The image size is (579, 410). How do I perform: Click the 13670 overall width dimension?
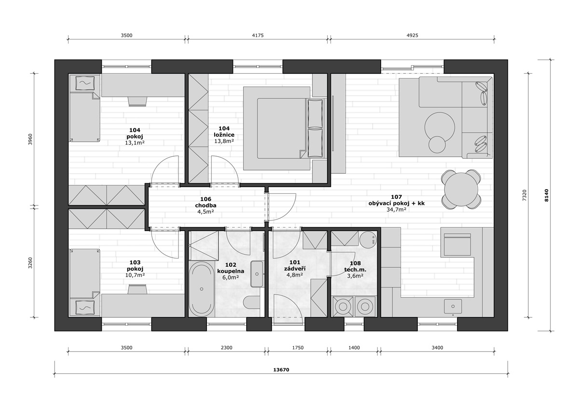pyautogui.click(x=281, y=369)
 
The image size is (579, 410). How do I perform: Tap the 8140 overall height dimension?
pyautogui.click(x=546, y=195)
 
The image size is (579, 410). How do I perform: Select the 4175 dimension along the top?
pyautogui.click(x=258, y=35)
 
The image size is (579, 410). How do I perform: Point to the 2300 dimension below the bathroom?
pyautogui.click(x=226, y=348)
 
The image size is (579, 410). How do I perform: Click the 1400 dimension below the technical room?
pyautogui.click(x=354, y=348)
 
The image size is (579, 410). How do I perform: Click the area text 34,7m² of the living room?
pyautogui.click(x=396, y=210)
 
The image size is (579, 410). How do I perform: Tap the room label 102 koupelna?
pyautogui.click(x=231, y=268)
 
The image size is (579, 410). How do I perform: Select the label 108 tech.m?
pyautogui.click(x=355, y=267)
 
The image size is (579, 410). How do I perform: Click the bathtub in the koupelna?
pyautogui.click(x=202, y=289)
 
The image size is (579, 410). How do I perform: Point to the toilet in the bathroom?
pyautogui.click(x=252, y=302)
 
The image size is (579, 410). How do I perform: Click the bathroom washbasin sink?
pyautogui.click(x=257, y=274)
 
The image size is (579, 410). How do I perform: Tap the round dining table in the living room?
pyautogui.click(x=461, y=190)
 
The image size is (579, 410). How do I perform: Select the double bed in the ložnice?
pyautogui.click(x=284, y=128)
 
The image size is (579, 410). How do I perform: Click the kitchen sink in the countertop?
pyautogui.click(x=453, y=307)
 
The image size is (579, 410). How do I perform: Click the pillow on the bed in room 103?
pyautogui.click(x=85, y=308)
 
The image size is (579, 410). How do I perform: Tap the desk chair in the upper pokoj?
pyautogui.click(x=137, y=101)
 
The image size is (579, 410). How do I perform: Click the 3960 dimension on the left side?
pyautogui.click(x=30, y=139)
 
